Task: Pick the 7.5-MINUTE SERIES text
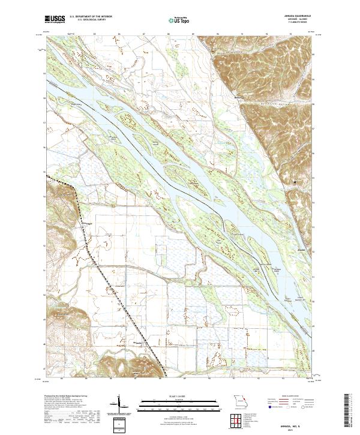click(x=298, y=24)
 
